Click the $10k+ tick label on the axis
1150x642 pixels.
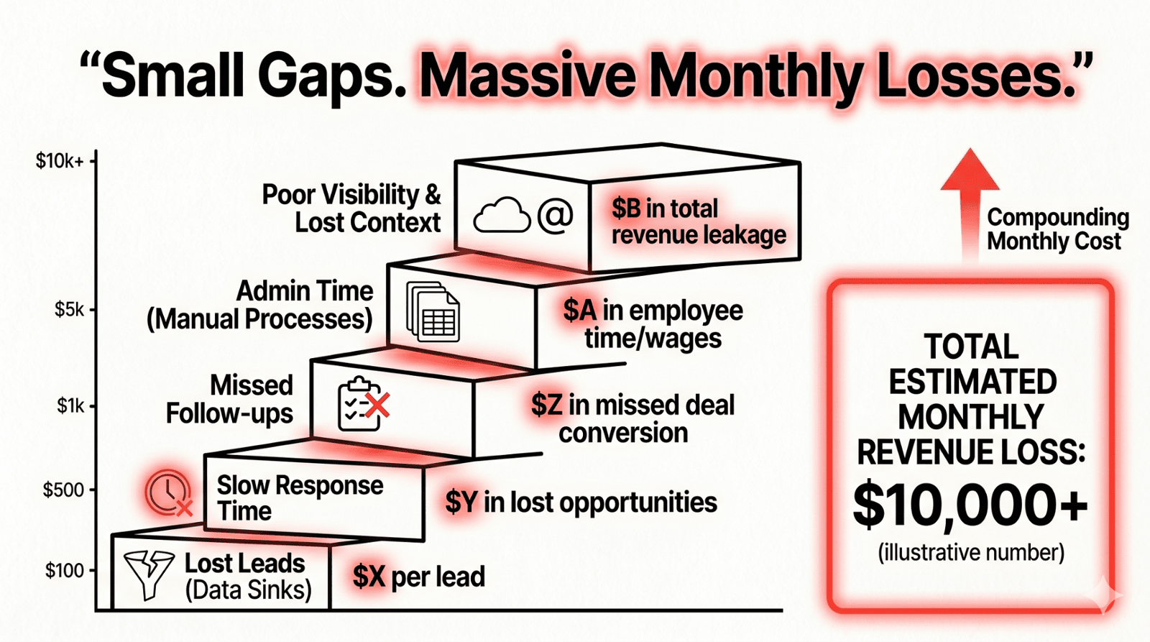tap(60, 161)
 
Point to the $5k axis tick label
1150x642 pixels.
tap(70, 310)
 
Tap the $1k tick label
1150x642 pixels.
tap(71, 406)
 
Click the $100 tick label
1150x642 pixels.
tap(65, 571)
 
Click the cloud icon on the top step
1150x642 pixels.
tap(502, 216)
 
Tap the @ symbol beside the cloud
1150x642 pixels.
tap(556, 215)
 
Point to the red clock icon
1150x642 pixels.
tap(168, 492)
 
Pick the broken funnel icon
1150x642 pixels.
tap(149, 574)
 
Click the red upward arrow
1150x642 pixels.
tap(970, 201)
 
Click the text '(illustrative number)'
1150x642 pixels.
tap(971, 552)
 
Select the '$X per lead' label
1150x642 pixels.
tap(419, 577)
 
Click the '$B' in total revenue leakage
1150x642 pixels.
tap(626, 208)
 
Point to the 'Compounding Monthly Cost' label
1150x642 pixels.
tap(1057, 229)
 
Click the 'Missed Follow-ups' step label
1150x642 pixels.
tap(230, 399)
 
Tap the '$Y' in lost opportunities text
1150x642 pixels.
tap(461, 502)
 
